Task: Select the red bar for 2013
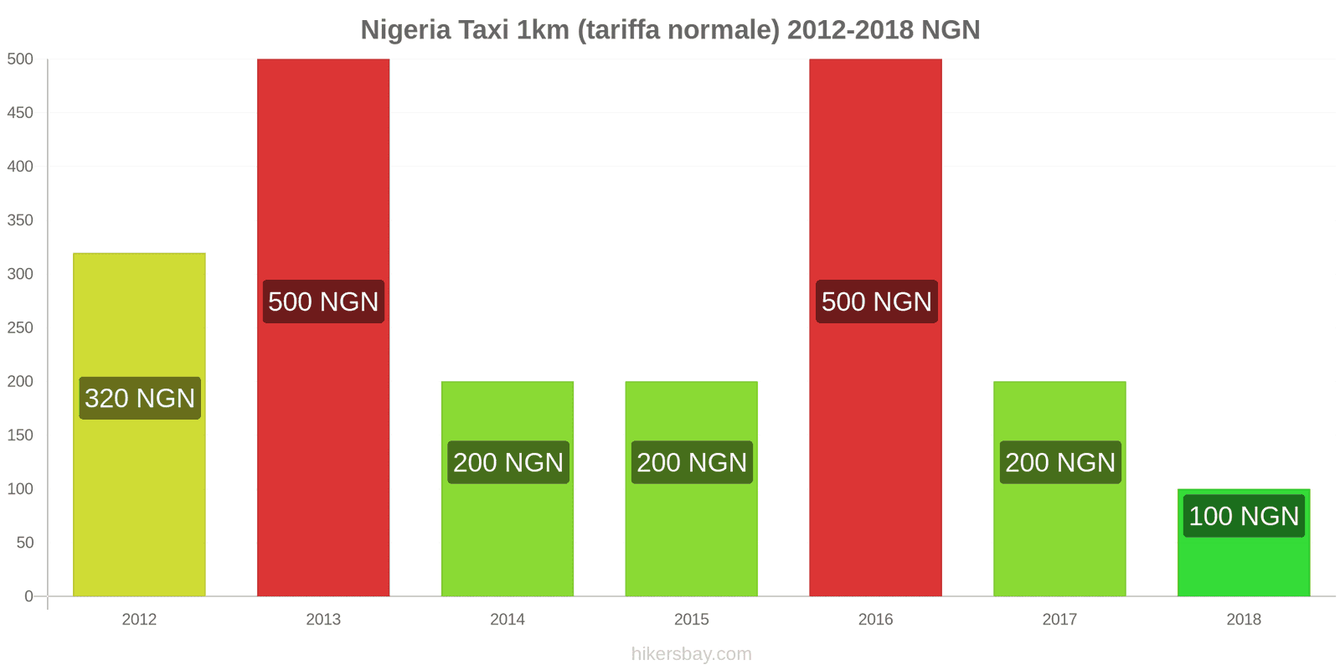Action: [323, 184]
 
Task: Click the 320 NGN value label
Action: [140, 398]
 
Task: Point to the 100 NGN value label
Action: [1244, 516]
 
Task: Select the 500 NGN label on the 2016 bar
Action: [876, 301]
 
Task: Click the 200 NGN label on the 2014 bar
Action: [508, 462]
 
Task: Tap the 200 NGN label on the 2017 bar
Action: [1059, 462]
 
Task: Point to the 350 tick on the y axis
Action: [20, 220]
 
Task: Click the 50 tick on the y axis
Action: [25, 543]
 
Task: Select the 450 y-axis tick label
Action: [20, 113]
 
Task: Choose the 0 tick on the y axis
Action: [28, 596]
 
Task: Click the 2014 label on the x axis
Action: [508, 620]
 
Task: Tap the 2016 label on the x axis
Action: [875, 620]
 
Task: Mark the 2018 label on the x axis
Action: [1244, 620]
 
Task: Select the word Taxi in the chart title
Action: [483, 30]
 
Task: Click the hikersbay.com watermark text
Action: [691, 654]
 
